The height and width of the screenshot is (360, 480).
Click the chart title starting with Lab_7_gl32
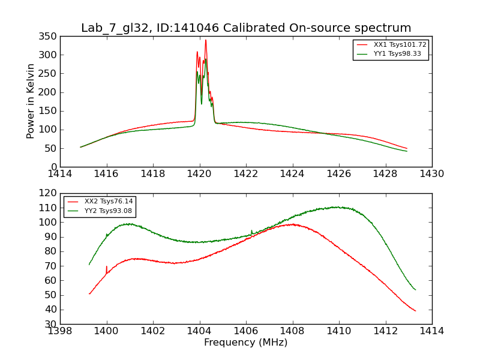(x=246, y=28)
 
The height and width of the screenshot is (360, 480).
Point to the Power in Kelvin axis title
(x=31, y=101)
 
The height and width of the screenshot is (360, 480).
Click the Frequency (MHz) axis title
(x=246, y=343)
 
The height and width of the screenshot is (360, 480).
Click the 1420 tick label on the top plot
(x=199, y=173)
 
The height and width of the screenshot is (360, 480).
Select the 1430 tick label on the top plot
(x=431, y=173)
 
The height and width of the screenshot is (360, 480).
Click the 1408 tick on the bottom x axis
(x=292, y=331)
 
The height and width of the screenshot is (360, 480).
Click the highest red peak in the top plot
(x=206, y=40)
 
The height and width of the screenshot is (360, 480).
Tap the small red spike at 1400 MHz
(x=107, y=266)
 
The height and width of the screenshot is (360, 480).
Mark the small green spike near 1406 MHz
(x=251, y=230)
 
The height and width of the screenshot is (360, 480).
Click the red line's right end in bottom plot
(x=415, y=311)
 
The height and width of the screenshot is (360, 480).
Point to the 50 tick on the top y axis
(x=51, y=148)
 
